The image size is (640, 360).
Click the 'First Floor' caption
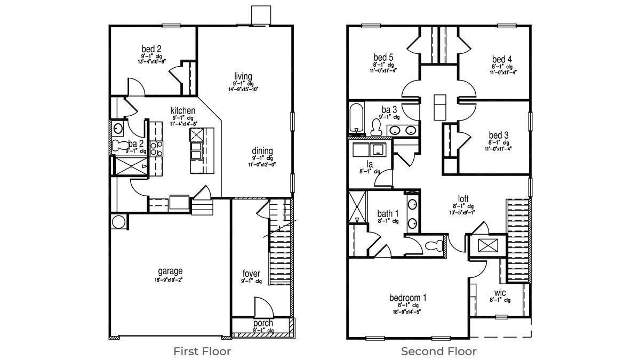point(202,351)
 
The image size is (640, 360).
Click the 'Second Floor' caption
point(438,351)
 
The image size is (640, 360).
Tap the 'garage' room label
point(170,271)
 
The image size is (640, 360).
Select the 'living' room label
point(243,76)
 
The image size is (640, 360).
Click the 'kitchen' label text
point(183,110)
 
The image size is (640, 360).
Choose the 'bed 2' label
point(151,49)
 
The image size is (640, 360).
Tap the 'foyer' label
point(251,274)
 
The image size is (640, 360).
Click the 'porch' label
point(263,323)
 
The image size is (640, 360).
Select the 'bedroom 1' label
point(407,298)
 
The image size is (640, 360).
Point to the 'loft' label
point(463,199)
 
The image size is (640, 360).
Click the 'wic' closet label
point(500,292)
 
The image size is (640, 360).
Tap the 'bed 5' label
point(383,58)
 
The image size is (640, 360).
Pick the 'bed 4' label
point(502,59)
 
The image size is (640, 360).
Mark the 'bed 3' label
point(499,135)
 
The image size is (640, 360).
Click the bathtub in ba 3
point(356,118)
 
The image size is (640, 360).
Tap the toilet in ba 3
point(376,126)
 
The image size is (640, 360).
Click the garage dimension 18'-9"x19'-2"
point(170,279)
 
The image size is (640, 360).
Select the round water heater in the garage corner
point(119,222)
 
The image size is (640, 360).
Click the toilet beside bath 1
point(435,246)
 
